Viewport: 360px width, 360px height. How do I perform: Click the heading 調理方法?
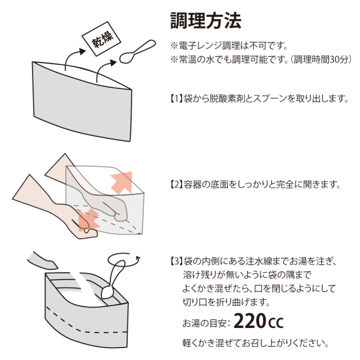tap(206, 21)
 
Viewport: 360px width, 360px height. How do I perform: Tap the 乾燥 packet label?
tap(102, 39)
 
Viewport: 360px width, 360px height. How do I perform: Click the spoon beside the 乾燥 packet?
tap(137, 51)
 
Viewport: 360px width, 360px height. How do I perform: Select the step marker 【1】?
tap(176, 99)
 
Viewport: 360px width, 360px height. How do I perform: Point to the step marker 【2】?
tap(176, 184)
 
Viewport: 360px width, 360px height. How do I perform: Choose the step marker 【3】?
tap(176, 261)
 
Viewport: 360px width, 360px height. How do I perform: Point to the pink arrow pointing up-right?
tap(121, 182)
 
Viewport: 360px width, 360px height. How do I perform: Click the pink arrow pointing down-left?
tap(88, 220)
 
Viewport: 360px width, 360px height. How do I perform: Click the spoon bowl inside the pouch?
tap(107, 292)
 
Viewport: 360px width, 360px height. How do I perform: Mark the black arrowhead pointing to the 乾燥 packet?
tap(83, 51)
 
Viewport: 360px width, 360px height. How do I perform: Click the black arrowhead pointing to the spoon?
tap(114, 62)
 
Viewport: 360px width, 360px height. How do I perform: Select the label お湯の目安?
tap(206, 323)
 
